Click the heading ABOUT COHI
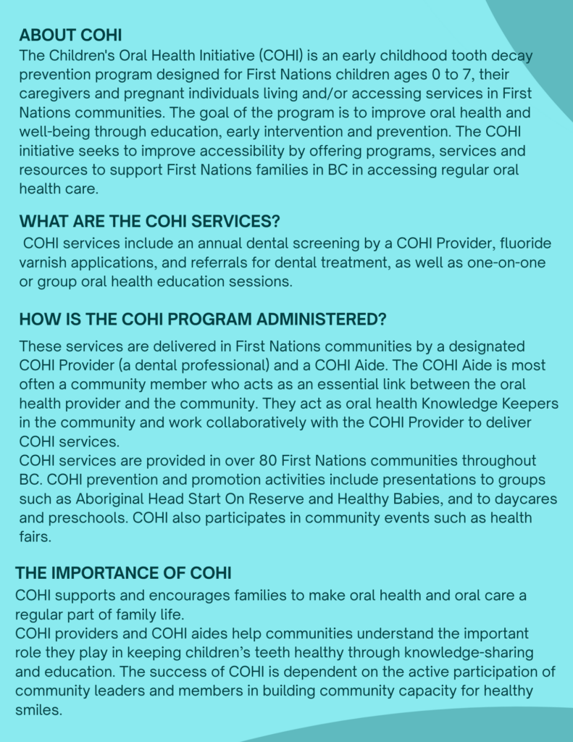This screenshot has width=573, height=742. pyautogui.click(x=70, y=35)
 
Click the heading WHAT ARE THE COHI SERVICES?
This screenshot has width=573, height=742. pyautogui.click(x=149, y=221)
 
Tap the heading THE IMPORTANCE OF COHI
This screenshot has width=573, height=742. pyautogui.click(x=123, y=573)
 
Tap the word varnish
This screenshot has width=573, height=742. pyautogui.click(x=44, y=263)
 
